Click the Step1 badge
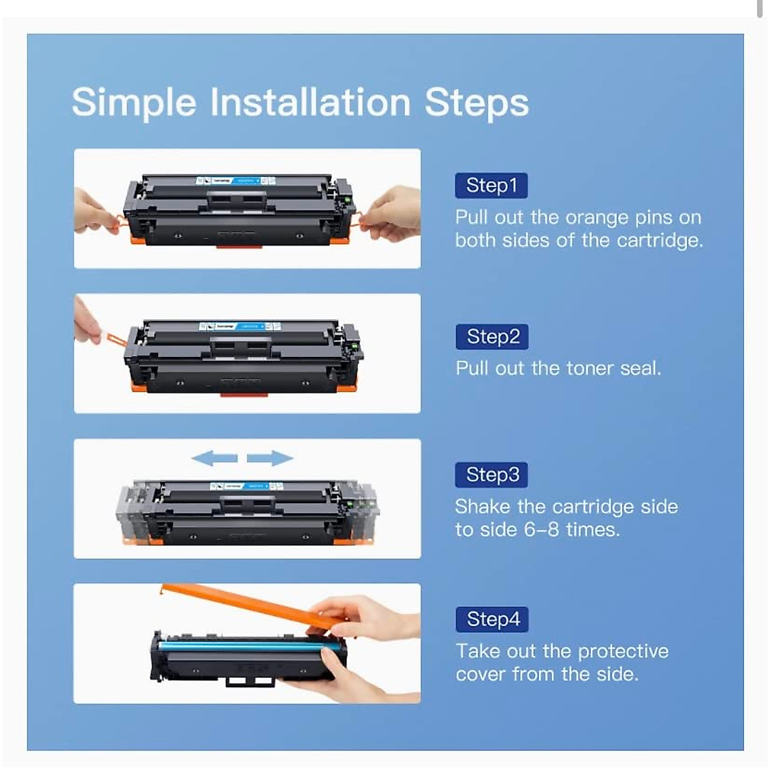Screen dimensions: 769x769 point(492,186)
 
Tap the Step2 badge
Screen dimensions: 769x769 point(492,336)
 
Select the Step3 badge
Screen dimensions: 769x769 point(492,475)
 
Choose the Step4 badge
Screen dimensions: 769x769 point(492,619)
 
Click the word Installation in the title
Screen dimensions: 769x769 point(311,103)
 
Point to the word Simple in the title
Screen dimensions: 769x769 point(134,103)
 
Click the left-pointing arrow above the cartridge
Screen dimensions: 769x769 point(215,458)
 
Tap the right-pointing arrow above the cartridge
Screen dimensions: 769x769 point(270,458)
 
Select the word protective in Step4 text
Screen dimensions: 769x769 point(623,651)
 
